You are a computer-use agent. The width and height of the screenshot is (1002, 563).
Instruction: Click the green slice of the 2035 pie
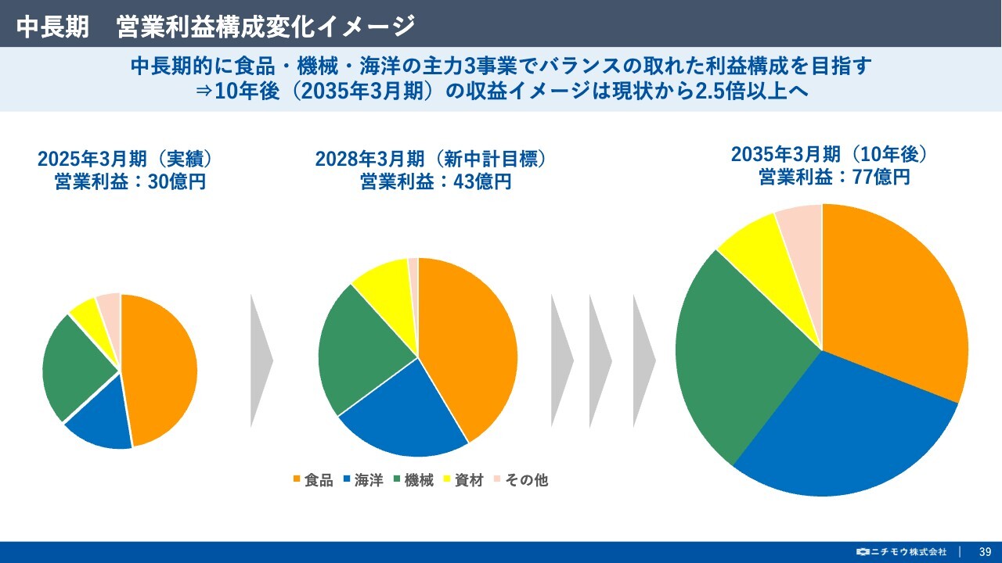click(733, 357)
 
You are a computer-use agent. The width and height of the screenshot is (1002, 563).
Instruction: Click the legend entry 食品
click(314, 480)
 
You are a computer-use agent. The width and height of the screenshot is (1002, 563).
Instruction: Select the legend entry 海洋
click(364, 480)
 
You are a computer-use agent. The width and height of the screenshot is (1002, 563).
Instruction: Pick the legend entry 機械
click(414, 480)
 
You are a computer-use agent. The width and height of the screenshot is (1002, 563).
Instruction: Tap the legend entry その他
click(521, 480)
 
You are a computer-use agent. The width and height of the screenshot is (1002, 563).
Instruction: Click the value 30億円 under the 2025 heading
click(177, 182)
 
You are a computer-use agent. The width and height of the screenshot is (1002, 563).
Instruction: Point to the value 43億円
click(482, 182)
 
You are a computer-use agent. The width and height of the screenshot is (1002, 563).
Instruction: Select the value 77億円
click(881, 178)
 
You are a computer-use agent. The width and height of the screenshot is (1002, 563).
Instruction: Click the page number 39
click(986, 552)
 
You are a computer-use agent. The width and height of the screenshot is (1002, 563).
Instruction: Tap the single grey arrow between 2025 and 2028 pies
click(261, 360)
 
